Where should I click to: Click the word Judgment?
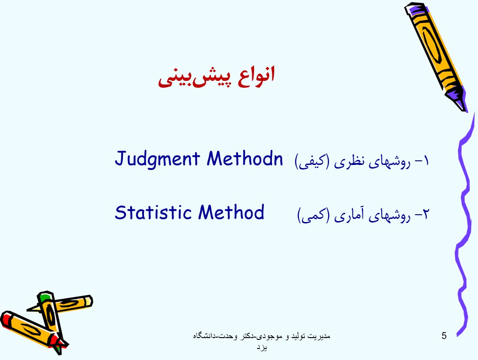click(157, 159)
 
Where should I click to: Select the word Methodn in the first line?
click(245, 159)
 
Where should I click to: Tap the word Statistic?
click(153, 212)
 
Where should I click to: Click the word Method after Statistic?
click(231, 212)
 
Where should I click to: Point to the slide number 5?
click(444, 336)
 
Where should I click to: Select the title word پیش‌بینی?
click(194, 78)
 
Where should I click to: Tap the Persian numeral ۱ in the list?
click(425, 161)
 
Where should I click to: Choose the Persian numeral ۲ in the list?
click(425, 214)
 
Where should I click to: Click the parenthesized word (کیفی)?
click(312, 161)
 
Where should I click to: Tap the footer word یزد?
click(262, 348)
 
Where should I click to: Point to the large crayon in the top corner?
click(436, 56)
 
